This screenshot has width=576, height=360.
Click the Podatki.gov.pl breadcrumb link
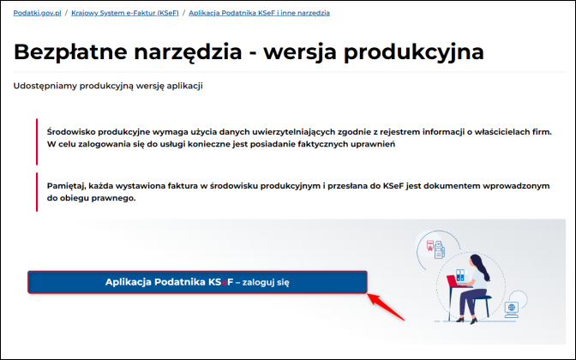[x=37, y=13]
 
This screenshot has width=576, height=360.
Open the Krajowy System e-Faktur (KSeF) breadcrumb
[x=125, y=13]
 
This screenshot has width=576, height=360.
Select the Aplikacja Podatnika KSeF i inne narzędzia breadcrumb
[x=260, y=13]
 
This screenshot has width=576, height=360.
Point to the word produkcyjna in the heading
[x=414, y=51]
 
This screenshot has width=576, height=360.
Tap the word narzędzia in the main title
[x=188, y=51]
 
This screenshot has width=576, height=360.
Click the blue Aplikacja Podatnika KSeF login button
[x=197, y=282]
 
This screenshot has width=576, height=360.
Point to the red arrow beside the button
[x=386, y=307]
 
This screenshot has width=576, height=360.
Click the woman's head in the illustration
[x=477, y=262]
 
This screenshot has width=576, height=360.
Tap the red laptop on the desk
[x=453, y=281]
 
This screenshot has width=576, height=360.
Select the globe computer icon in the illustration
[x=512, y=309]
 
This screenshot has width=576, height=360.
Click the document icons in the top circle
[x=435, y=249]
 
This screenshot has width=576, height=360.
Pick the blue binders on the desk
[x=460, y=274]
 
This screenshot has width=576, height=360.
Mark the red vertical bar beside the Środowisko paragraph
[x=37, y=141]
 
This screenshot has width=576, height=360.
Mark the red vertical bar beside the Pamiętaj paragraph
[x=37, y=192]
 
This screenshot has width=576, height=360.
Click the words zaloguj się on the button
[x=266, y=283]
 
